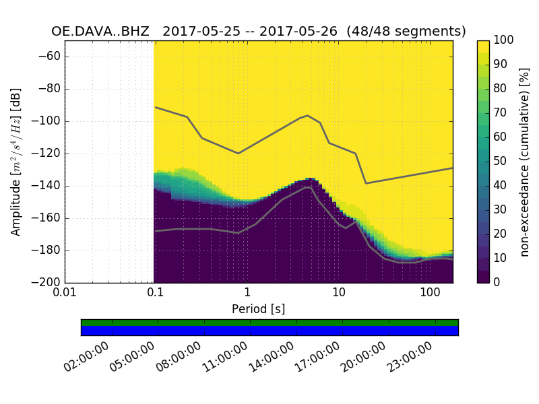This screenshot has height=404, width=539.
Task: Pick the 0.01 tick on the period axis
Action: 65,294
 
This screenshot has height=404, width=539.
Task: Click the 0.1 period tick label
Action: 156,294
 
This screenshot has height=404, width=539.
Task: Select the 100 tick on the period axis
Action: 430,294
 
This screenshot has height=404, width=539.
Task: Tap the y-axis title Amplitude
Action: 16,162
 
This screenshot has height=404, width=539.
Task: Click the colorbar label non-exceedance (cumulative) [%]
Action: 526,162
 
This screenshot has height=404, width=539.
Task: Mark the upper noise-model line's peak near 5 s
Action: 307,115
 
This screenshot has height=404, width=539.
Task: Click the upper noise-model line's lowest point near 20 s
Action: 366,183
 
